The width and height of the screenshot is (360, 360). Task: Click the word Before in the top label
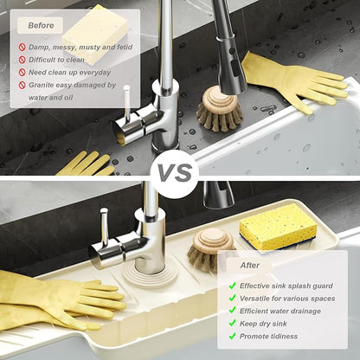point(41,25)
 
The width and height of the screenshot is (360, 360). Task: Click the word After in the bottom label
point(250,266)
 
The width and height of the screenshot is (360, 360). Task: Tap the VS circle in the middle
point(175,173)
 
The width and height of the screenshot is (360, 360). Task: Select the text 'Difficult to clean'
point(56,60)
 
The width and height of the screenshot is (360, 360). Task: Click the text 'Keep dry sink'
point(263,324)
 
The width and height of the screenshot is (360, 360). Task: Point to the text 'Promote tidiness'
point(268,337)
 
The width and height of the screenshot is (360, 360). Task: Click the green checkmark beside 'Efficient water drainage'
point(232,311)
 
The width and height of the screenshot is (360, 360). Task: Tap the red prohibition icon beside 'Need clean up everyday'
point(22,73)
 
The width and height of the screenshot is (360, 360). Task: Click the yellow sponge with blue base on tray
point(278,227)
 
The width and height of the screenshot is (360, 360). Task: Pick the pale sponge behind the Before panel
point(95,35)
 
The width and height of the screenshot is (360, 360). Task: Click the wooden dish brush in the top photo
point(220,109)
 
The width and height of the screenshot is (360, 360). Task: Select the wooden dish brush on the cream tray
point(210,248)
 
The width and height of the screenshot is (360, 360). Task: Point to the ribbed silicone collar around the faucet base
point(150,277)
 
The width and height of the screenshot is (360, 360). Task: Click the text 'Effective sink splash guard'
point(286,286)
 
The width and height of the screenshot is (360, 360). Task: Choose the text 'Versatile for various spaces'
point(287,299)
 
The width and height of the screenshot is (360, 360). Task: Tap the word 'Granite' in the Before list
point(41,85)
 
